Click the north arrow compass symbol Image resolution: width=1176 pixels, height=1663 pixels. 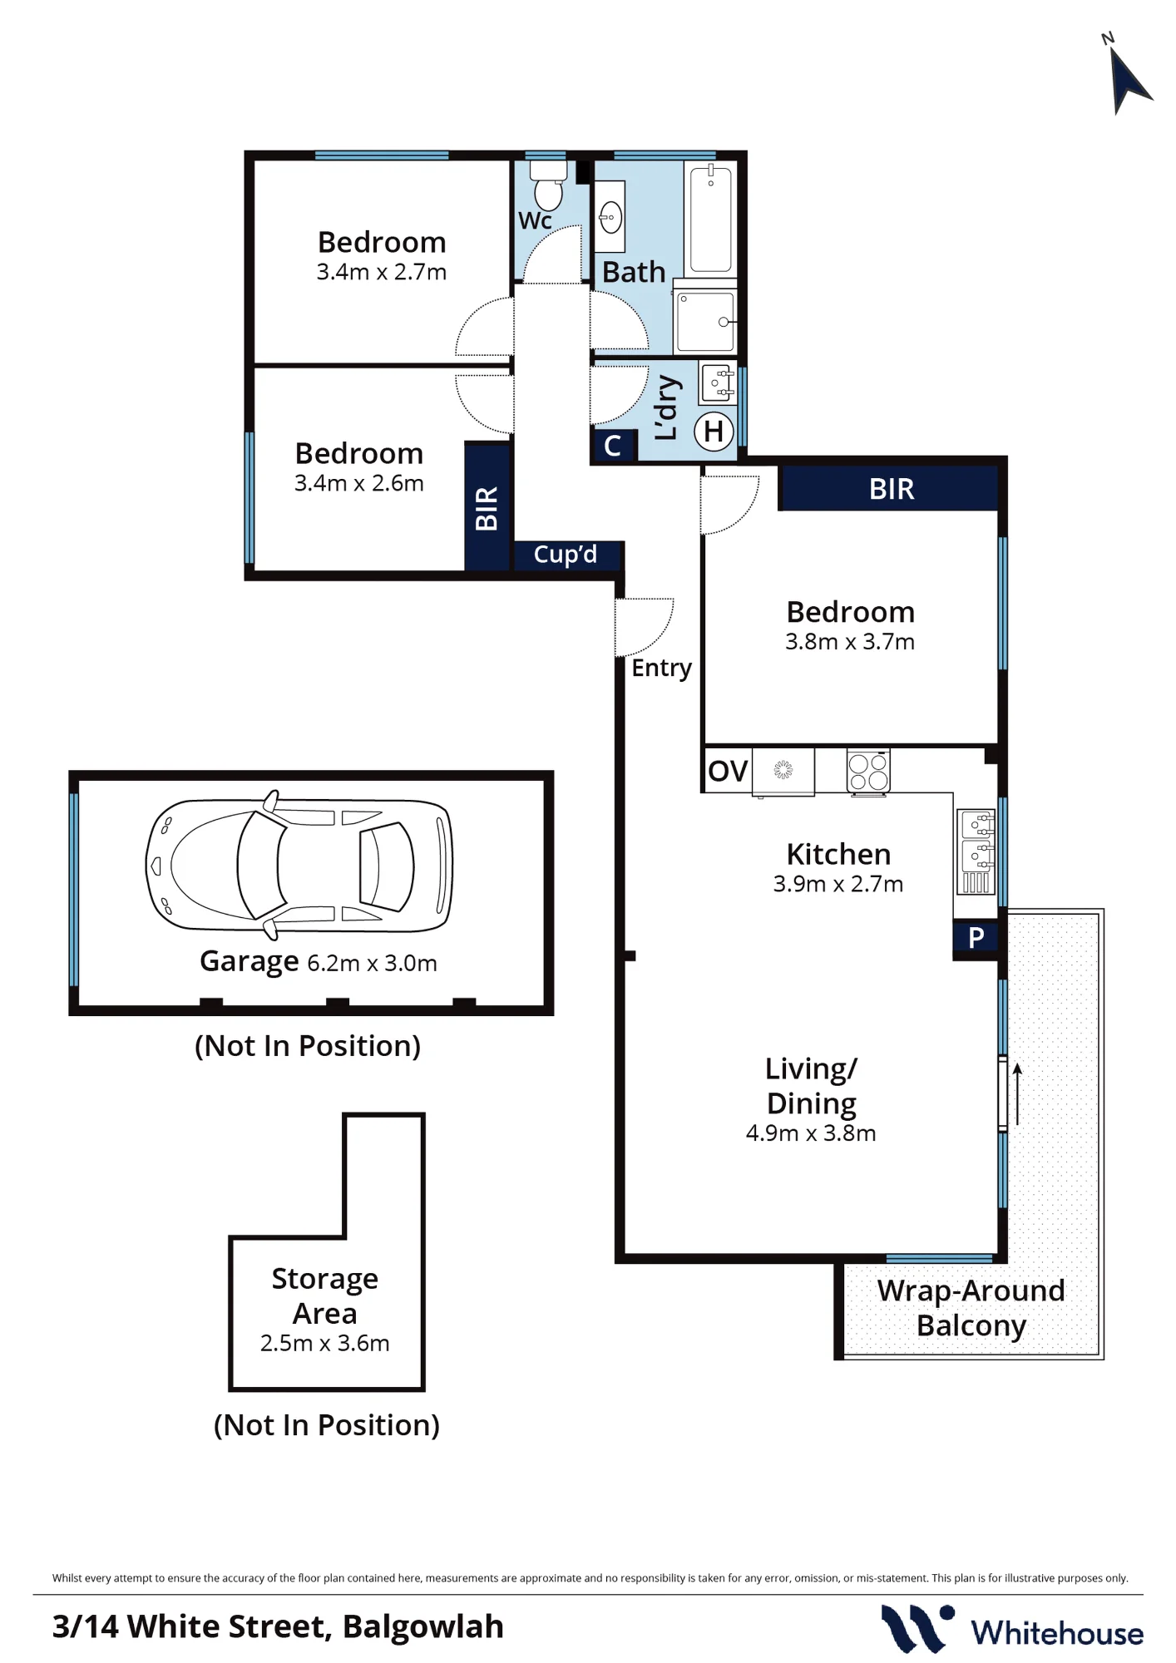click(x=1129, y=80)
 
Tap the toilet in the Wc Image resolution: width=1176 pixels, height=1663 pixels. click(x=548, y=185)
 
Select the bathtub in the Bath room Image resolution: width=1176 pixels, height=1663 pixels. click(x=711, y=218)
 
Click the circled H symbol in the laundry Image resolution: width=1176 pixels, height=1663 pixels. click(x=714, y=432)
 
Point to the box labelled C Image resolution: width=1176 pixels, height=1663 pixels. click(x=613, y=446)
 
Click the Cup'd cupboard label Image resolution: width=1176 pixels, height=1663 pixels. click(x=566, y=555)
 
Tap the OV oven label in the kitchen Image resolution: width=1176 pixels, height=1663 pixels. click(x=728, y=771)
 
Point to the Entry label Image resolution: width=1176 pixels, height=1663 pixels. click(x=661, y=668)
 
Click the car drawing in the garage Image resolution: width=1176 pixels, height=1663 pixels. click(x=299, y=865)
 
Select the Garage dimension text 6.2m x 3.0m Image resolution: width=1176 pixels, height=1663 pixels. click(x=372, y=963)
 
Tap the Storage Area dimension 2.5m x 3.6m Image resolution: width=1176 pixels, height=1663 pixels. click(x=325, y=1343)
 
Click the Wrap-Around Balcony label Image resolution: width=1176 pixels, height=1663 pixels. click(x=971, y=1308)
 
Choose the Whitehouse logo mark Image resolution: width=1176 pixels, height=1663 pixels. click(x=917, y=1628)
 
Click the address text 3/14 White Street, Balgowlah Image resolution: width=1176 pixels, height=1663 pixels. click(x=278, y=1626)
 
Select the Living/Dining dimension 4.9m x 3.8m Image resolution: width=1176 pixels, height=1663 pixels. click(x=811, y=1133)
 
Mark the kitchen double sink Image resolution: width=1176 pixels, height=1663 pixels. click(x=976, y=851)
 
